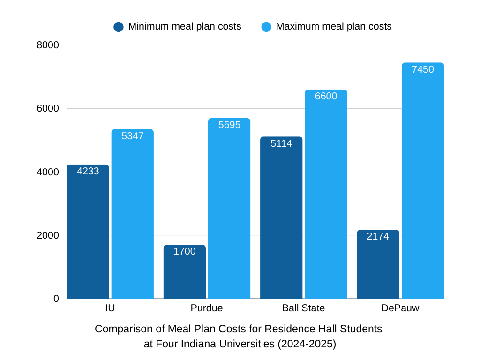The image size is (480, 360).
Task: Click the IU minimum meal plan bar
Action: click(88, 232)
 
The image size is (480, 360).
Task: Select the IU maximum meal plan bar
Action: click(132, 214)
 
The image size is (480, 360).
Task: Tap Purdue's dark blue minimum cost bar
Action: click(184, 272)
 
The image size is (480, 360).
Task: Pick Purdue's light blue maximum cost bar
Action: click(229, 208)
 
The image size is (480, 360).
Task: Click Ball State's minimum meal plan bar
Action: click(281, 217)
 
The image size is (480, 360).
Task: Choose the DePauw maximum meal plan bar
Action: click(423, 180)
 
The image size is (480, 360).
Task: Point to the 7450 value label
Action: click(423, 69)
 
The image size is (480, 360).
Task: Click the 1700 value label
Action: click(184, 251)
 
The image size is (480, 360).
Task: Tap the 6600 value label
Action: click(326, 96)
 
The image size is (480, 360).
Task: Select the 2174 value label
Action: click(378, 236)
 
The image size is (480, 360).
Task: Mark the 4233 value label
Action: click(88, 171)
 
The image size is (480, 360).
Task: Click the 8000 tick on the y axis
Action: click(48, 45)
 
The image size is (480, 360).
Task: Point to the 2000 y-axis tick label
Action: click(48, 235)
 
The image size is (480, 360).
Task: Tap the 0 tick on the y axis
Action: click(56, 299)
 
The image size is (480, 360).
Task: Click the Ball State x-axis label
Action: click(303, 308)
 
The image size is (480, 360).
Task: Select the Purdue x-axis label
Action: click(207, 308)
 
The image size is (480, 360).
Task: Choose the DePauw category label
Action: click(400, 308)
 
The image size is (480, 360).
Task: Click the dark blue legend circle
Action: click(119, 27)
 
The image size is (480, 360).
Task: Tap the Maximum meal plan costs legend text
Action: click(334, 26)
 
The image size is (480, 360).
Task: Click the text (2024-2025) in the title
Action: click(307, 344)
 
